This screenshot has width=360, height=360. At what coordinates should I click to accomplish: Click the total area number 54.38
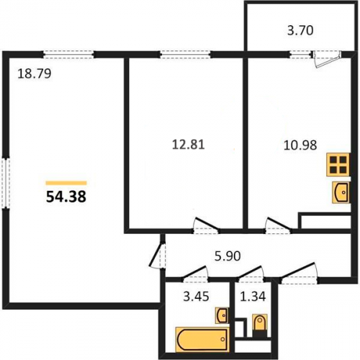[66, 197]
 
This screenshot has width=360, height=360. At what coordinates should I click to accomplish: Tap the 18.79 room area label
[35, 73]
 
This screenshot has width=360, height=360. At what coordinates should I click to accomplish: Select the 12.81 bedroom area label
[189, 145]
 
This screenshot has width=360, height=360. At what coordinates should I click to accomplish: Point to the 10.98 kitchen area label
[300, 145]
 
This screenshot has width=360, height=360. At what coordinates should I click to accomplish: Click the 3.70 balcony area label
[300, 31]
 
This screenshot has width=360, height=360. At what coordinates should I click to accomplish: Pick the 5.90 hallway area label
[228, 256]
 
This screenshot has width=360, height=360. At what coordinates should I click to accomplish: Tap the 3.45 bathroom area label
[196, 297]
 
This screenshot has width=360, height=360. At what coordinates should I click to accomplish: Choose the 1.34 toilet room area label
[253, 296]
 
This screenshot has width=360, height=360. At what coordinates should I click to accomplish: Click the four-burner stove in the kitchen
[338, 164]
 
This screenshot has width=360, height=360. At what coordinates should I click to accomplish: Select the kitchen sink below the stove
[341, 192]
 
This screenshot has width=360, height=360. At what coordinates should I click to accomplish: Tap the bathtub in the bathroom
[202, 339]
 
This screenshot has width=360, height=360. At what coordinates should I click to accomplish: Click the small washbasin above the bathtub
[222, 315]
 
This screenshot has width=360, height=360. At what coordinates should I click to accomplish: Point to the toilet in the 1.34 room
[260, 325]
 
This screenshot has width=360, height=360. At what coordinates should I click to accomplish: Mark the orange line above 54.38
[66, 183]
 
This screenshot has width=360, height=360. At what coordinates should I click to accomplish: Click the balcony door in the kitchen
[326, 59]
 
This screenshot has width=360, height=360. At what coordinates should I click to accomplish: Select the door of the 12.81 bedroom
[206, 225]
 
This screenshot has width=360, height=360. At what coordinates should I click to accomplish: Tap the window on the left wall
[6, 182]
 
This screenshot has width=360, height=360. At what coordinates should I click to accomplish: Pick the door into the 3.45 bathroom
[195, 274]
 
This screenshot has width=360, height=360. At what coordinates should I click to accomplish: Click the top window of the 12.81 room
[185, 55]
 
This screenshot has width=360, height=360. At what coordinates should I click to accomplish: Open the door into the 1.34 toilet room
[251, 274]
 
